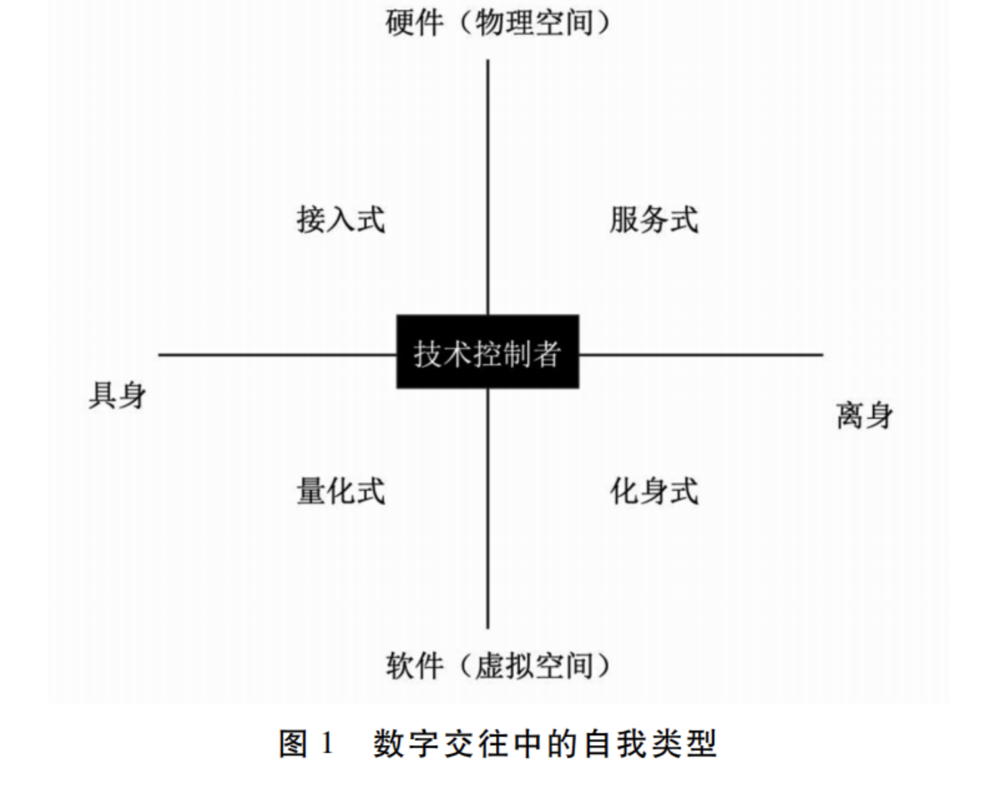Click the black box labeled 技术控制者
point(488,352)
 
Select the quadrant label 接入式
point(341,220)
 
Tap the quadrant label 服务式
point(654,220)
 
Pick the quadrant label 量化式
point(341,491)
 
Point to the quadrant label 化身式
point(654,491)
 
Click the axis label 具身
point(117,395)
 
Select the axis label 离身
point(865,415)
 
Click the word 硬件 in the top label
point(414,23)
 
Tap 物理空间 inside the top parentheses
point(534,23)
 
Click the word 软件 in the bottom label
point(414,666)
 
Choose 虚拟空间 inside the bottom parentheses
point(534,666)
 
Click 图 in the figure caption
point(293,744)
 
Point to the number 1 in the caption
point(327,743)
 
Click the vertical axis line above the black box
point(488,187)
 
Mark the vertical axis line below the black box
point(488,508)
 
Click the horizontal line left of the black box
point(277,354)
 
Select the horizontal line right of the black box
point(701,354)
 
